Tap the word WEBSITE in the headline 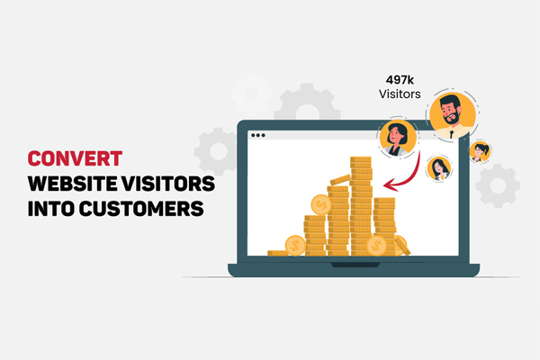[71, 184]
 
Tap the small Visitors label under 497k [396, 94]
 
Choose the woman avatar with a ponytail [480, 150]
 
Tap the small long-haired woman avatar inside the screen [439, 166]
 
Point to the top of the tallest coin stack [361, 159]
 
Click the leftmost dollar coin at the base [294, 244]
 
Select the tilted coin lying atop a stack [339, 180]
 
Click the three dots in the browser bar [259, 135]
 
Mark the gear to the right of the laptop [497, 186]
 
